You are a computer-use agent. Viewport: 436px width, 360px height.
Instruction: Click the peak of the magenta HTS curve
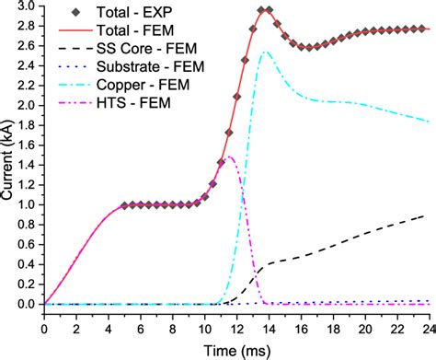229,157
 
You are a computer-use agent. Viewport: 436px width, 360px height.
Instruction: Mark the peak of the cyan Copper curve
265,52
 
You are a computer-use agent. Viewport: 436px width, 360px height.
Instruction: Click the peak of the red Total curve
265,10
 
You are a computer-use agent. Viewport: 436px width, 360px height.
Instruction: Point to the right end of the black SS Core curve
426,216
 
